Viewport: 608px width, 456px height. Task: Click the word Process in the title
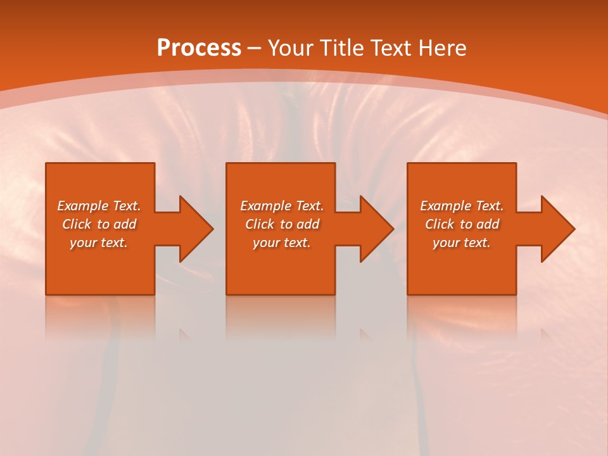click(x=199, y=48)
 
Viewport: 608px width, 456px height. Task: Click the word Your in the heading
click(x=292, y=48)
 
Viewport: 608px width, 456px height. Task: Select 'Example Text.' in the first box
click(x=99, y=206)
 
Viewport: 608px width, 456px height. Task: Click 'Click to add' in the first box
click(x=99, y=224)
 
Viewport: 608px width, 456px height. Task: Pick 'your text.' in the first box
click(x=99, y=243)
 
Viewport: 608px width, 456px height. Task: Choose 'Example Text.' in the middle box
click(x=282, y=206)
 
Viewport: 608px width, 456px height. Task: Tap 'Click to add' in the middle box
click(x=282, y=224)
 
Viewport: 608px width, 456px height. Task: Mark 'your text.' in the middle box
click(x=282, y=243)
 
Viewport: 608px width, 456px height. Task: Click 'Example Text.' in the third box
click(x=462, y=206)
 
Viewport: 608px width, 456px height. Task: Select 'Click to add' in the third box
click(x=462, y=224)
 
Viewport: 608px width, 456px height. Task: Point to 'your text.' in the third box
click(x=462, y=243)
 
